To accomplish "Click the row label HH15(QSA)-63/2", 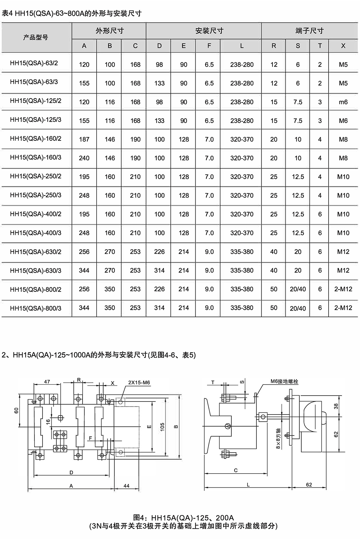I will pyautogui.click(x=34, y=63).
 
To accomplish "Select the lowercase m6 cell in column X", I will pyautogui.click(x=343, y=102).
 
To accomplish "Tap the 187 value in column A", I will pyautogui.click(x=84, y=139).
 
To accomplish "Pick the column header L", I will pyautogui.click(x=242, y=46).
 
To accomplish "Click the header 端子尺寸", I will pyautogui.click(x=309, y=31).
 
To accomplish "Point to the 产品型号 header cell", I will pyautogui.click(x=36, y=38).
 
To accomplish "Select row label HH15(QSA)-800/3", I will pyautogui.click(x=35, y=308).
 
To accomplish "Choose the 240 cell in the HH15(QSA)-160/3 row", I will pyautogui.click(x=84, y=158).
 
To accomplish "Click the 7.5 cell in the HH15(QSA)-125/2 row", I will pyautogui.click(x=298, y=102).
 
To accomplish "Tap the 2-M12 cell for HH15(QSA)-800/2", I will pyautogui.click(x=343, y=289).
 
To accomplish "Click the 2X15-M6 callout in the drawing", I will pyautogui.click(x=139, y=383).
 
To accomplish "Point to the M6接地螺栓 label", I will pyautogui.click(x=284, y=381).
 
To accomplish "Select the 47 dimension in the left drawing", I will pyautogui.click(x=47, y=382).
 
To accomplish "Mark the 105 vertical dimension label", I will pyautogui.click(x=162, y=427).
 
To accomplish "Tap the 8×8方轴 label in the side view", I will pyautogui.click(x=278, y=438).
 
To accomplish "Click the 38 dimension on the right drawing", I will pyautogui.click(x=336, y=406).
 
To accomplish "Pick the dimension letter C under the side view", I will pyautogui.click(x=235, y=470).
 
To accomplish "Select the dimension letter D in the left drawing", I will pyautogui.click(x=71, y=472).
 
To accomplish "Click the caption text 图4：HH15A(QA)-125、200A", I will pyautogui.click(x=183, y=518).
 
